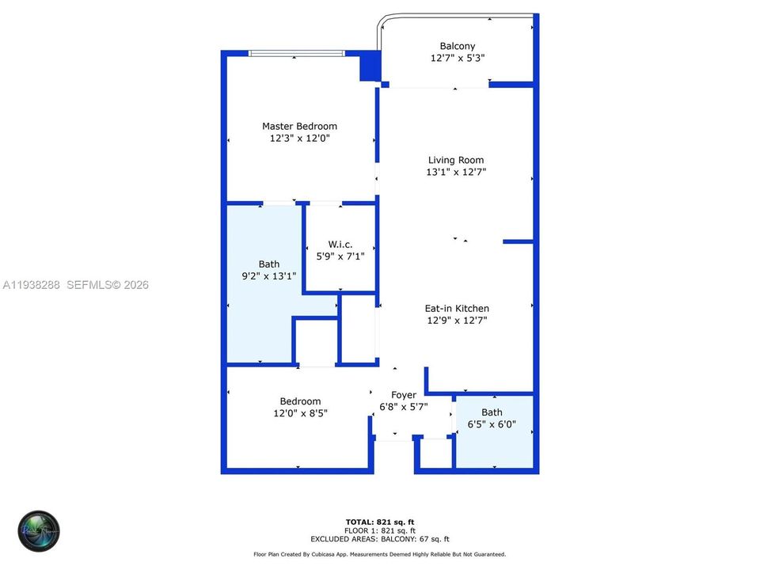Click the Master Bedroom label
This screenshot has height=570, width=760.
(x=299, y=126)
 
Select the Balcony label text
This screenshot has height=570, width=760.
(x=458, y=46)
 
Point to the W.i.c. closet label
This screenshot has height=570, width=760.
(x=340, y=244)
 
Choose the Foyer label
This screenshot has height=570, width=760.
(x=404, y=394)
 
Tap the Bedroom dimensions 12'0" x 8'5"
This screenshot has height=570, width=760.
(x=299, y=413)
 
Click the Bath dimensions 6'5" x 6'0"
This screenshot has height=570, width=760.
(x=492, y=424)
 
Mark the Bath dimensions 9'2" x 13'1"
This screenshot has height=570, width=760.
(x=268, y=276)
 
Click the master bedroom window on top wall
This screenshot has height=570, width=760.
(x=296, y=53)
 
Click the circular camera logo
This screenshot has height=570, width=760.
(x=40, y=530)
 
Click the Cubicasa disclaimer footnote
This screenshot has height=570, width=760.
(x=379, y=555)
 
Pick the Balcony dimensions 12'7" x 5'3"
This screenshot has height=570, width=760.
(x=458, y=58)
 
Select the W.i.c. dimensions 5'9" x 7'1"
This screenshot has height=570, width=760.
(x=340, y=256)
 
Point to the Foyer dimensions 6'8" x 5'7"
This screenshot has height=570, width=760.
(x=404, y=406)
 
